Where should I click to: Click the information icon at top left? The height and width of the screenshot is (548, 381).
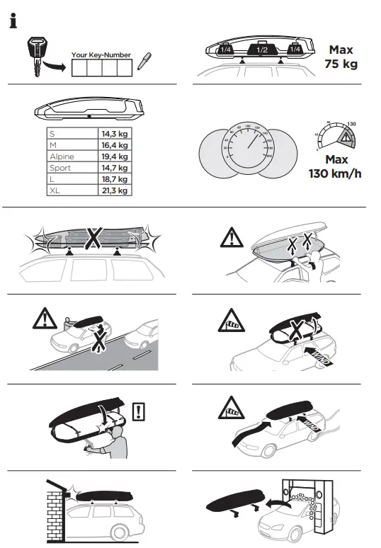[x=13, y=22]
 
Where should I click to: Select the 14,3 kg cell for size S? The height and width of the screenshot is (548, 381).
[x=113, y=133]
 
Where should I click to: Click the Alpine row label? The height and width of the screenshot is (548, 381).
[x=62, y=156]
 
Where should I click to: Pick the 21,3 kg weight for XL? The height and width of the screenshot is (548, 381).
[x=113, y=190]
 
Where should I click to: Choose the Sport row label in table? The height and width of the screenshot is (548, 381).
[x=60, y=168]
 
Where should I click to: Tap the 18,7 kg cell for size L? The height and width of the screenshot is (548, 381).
[x=113, y=179]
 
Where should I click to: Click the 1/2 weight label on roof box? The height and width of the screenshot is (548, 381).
[x=261, y=50]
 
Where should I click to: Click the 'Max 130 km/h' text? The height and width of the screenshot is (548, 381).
[x=335, y=166]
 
